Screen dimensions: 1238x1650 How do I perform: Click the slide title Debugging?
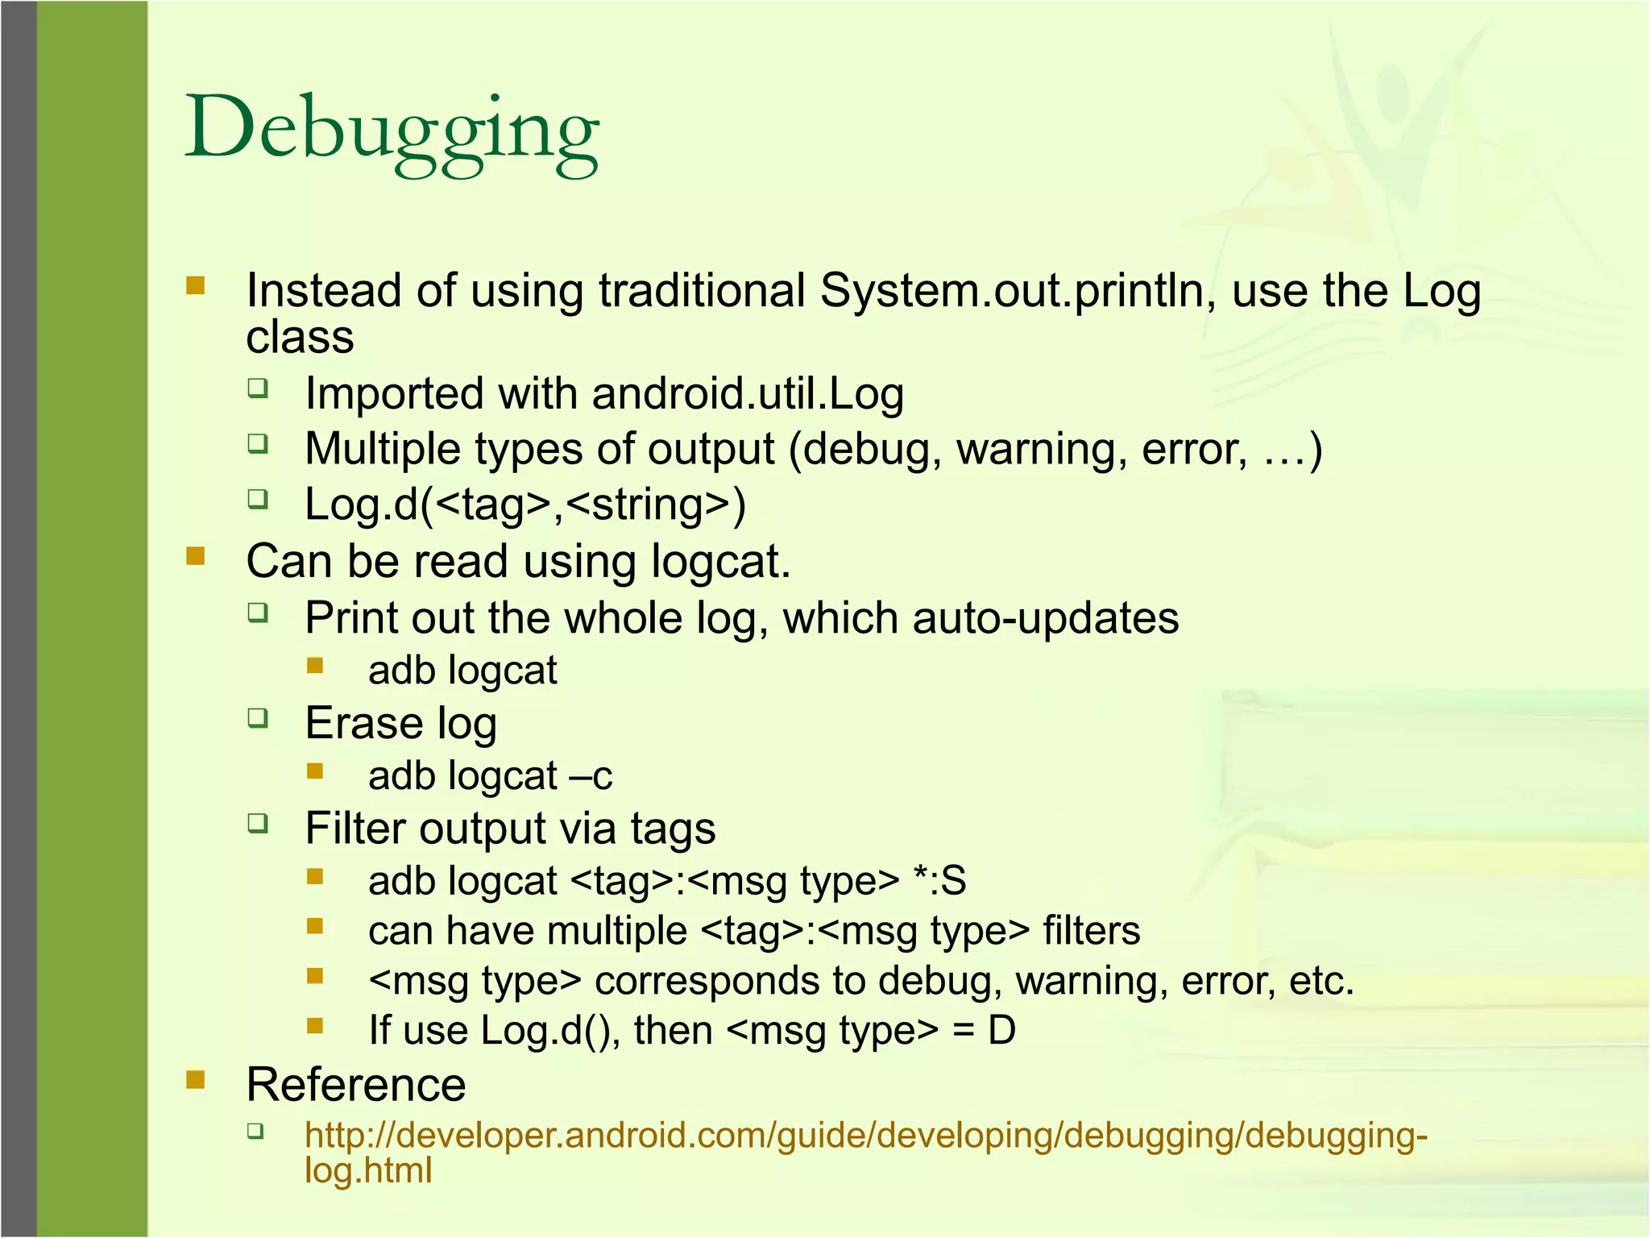pos(392,129)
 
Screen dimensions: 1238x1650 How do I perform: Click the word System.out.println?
pos(1018,291)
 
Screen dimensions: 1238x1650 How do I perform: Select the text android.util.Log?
pos(748,394)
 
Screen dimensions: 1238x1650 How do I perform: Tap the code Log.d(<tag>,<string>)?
pos(525,505)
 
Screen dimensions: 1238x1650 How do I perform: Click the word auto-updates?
pos(1046,618)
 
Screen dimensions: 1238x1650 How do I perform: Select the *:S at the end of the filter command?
pos(940,880)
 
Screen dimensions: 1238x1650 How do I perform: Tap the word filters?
pos(1092,931)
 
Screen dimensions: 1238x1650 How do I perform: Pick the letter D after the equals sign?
pos(1001,1031)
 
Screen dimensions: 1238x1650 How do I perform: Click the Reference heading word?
pos(356,1085)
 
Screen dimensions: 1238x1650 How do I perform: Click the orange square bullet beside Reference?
pos(196,1079)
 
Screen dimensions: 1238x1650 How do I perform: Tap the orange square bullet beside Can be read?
pos(196,556)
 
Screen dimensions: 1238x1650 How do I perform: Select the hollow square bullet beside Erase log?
pos(258,717)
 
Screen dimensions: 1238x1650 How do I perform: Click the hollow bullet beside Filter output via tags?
pos(258,823)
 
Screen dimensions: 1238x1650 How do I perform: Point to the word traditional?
pos(702,291)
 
